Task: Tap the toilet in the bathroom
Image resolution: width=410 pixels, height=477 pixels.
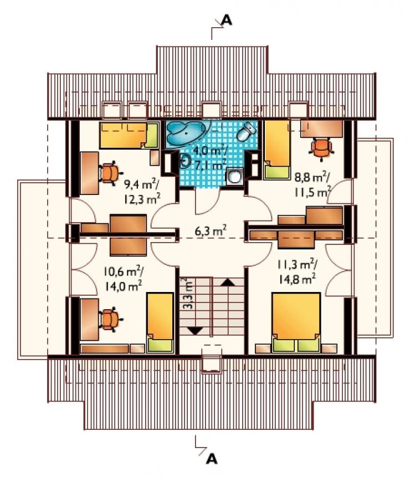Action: tap(247, 131)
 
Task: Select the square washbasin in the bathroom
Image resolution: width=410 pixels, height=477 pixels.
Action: tap(234, 176)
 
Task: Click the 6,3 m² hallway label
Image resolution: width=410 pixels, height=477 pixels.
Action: tap(211, 230)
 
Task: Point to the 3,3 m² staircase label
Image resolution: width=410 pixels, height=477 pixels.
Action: tap(188, 294)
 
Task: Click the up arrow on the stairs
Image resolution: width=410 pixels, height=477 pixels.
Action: tap(228, 283)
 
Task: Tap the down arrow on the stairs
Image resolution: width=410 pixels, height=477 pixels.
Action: tap(195, 331)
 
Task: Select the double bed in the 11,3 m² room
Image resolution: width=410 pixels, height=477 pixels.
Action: tap(296, 323)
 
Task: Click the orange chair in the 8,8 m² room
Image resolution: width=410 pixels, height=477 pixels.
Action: tap(321, 148)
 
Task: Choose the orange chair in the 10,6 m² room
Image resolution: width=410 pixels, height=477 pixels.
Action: tap(110, 320)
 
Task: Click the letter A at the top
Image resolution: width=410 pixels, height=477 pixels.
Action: tap(227, 20)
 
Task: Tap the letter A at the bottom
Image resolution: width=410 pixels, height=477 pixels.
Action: tap(212, 459)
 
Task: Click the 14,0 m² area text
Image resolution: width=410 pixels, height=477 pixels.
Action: tap(123, 286)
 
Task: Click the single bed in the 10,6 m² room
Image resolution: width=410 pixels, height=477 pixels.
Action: tap(160, 323)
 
